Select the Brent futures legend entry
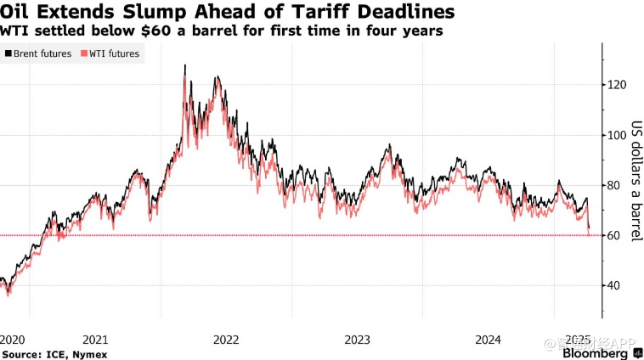42,53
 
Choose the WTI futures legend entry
111,53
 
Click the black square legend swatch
8,53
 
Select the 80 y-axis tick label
614,185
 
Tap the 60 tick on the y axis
614,235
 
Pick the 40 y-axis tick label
614,285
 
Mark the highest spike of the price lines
185,65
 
